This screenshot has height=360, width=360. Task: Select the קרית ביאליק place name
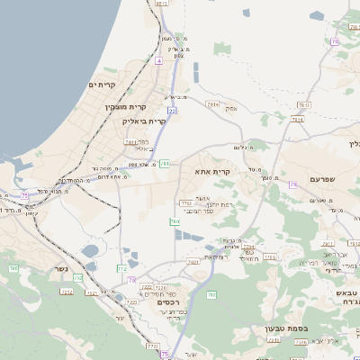pos(148,121)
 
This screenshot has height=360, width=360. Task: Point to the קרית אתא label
pos(213,170)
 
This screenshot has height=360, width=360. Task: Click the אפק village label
pos(231,109)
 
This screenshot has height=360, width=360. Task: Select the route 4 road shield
pos(158,59)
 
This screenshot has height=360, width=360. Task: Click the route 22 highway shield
pos(171,110)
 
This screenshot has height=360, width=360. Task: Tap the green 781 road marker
pos(165,163)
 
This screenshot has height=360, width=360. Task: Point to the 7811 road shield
pos(130,141)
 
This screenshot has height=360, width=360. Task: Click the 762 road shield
pos(211,294)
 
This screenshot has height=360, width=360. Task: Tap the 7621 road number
pos(193,261)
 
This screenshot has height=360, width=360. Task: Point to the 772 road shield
pos(122,268)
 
